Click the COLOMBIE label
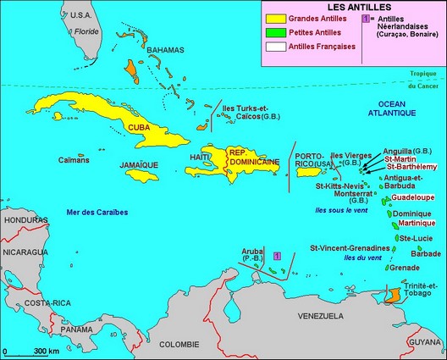tap(179, 344)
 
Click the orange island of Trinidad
tap(392, 297)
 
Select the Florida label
tap(86, 30)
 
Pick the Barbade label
tap(426, 252)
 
